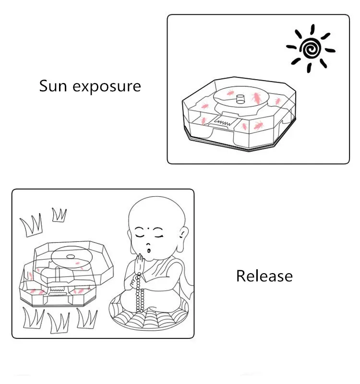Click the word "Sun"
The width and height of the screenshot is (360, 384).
click(x=53, y=86)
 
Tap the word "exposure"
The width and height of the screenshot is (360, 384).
click(x=107, y=87)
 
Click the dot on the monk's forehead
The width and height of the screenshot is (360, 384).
click(x=148, y=229)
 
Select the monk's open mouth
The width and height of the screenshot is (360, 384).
click(x=149, y=251)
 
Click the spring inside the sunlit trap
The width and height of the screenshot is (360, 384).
click(x=222, y=122)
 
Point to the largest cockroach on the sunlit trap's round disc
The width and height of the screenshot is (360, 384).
click(x=257, y=97)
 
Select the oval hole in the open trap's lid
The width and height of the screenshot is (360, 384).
click(x=71, y=257)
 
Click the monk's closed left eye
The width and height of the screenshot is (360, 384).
click(x=140, y=236)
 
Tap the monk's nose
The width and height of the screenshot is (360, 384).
click(x=148, y=244)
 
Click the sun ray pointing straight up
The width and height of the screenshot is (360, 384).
click(x=312, y=29)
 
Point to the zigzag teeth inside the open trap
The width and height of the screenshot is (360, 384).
click(x=57, y=290)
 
